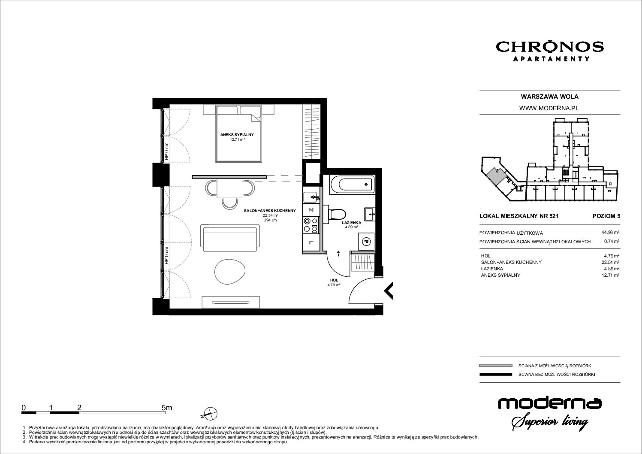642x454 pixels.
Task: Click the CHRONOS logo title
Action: coord(550,47)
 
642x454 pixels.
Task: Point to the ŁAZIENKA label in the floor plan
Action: coord(351,223)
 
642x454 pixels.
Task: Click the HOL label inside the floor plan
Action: coord(334,280)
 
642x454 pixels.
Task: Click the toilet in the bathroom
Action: coord(335,214)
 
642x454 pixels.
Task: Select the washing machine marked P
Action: coord(366,241)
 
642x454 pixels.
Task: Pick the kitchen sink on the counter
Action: coord(310,197)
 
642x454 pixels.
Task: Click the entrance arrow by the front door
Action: coord(389,291)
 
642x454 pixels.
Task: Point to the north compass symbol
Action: coord(210,414)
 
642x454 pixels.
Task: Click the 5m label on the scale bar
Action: coord(167,407)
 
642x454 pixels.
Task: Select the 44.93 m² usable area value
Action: coord(610,233)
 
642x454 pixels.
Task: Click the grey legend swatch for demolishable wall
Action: coord(496,365)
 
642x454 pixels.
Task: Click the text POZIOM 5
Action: coord(606,216)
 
